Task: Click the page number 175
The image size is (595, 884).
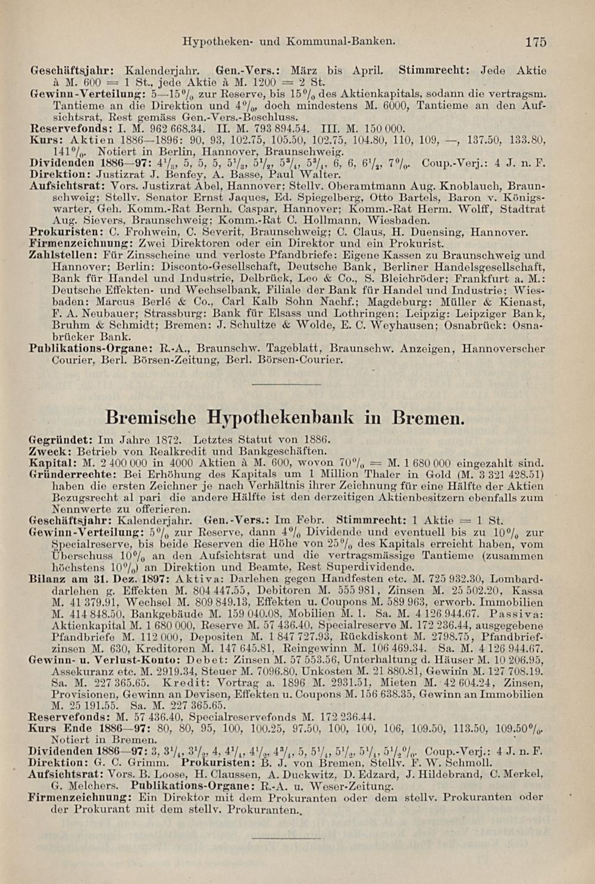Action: pyautogui.click(x=535, y=42)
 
